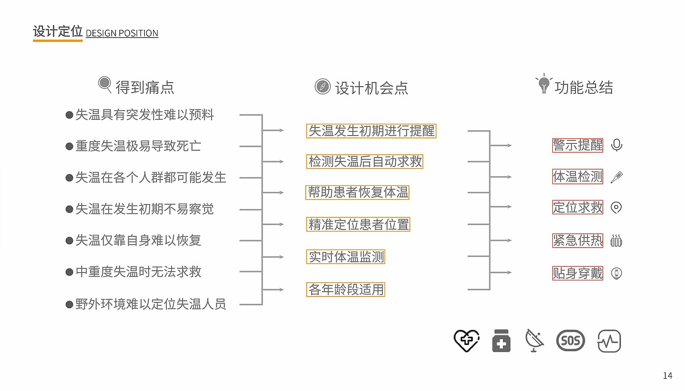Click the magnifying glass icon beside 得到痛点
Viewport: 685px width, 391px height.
105,85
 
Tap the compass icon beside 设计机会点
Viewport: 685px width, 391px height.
322,87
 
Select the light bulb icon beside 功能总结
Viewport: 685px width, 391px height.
544,83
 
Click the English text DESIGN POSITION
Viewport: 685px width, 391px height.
122,33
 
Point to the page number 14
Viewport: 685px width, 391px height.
667,375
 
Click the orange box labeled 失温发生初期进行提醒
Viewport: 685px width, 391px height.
371,131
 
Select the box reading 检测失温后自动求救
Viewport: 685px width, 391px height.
365,161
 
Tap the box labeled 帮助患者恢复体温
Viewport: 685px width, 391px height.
358,192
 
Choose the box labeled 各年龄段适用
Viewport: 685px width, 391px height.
345,289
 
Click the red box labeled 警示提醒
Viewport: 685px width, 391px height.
578,145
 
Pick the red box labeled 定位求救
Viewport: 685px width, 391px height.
578,207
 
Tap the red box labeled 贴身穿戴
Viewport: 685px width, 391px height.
578,273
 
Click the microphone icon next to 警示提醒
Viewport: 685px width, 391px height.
616,145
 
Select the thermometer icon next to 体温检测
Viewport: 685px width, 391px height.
616,177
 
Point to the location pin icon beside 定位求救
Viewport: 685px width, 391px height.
616,208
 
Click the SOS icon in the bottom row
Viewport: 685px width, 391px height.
571,341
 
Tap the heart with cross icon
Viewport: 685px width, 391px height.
467,341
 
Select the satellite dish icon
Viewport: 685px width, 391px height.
534,341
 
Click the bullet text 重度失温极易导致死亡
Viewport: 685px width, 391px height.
138,146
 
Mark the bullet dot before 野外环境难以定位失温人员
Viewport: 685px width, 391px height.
69,304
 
